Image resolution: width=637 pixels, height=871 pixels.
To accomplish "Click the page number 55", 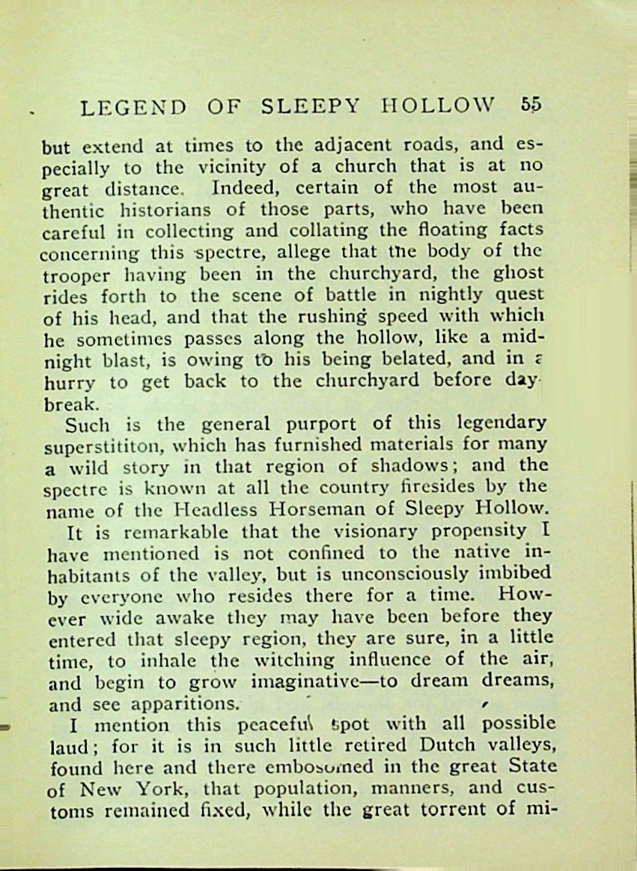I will (530, 105).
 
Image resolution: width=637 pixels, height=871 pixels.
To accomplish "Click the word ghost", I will (521, 273).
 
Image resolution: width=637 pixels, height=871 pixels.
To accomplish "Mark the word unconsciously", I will (402, 575).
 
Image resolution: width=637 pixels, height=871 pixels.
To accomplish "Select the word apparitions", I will (186, 704).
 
